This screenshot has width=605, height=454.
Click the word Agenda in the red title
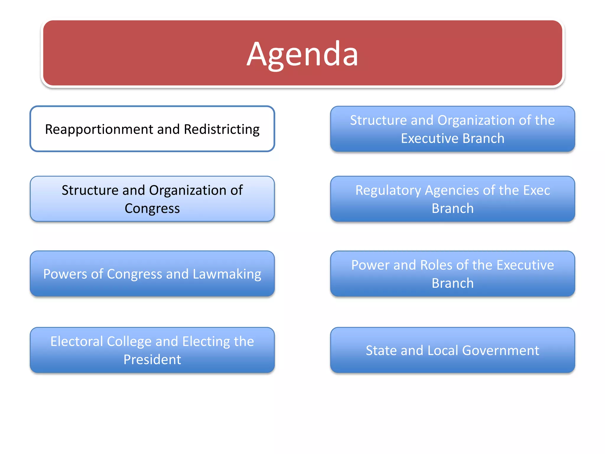(302, 54)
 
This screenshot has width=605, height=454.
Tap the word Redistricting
(222, 129)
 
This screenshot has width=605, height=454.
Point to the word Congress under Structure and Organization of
(152, 208)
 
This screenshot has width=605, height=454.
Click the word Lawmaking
(227, 274)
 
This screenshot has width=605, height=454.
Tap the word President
(152, 360)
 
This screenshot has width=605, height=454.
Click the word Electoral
(77, 341)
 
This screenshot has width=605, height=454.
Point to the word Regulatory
(388, 190)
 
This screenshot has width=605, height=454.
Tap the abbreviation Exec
(536, 190)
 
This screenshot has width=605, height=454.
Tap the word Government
(500, 351)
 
